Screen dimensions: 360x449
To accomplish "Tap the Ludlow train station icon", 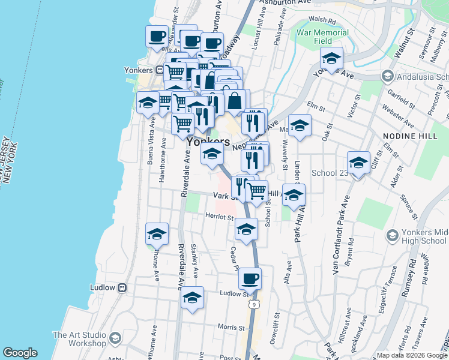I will click(x=122, y=287).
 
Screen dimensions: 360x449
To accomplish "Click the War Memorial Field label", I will click(x=315, y=35).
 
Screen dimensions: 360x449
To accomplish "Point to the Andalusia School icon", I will click(x=387, y=77).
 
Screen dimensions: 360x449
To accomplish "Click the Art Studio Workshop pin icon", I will click(x=115, y=340).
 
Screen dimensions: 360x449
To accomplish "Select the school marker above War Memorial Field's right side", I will click(x=331, y=59).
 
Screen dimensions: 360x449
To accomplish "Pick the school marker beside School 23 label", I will click(x=358, y=163).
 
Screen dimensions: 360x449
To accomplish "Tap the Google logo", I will click(x=20, y=353).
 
